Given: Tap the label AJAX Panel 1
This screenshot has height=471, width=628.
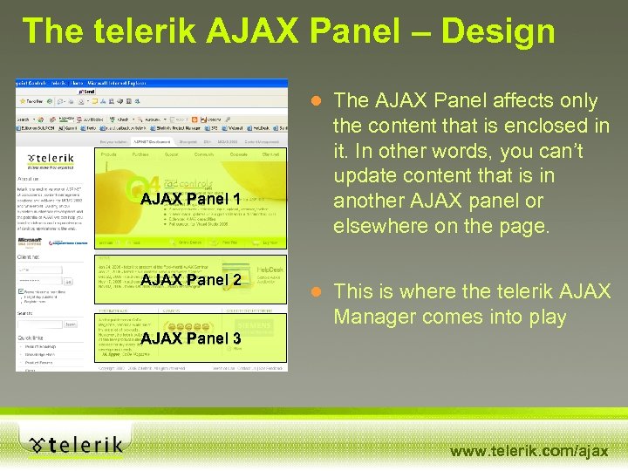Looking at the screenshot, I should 190,200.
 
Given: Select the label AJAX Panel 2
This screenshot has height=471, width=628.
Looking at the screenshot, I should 190,280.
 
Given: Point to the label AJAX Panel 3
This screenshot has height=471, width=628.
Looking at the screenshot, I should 190,338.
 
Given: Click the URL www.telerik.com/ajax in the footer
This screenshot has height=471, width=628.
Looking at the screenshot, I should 529,451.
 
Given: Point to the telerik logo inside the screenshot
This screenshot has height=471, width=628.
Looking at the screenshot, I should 51,159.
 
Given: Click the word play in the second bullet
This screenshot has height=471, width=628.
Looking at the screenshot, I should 544,317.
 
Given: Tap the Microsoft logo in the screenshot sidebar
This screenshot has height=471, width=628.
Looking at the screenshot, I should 31,242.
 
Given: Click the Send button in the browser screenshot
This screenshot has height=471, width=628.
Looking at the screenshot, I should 87,90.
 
